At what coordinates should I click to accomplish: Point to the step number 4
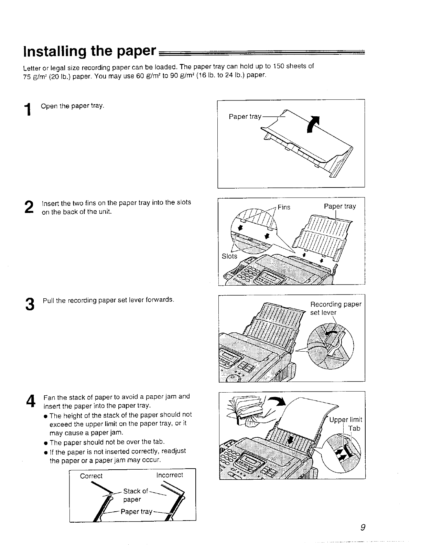pyautogui.click(x=30, y=401)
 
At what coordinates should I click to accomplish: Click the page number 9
pyautogui.click(x=359, y=527)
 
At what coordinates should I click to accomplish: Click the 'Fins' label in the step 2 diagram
pyautogui.click(x=284, y=207)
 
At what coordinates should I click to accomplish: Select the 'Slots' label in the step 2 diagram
pyautogui.click(x=229, y=256)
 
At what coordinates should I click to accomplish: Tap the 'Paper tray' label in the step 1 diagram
pyautogui.click(x=245, y=117)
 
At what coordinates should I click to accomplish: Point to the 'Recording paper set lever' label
pyautogui.click(x=335, y=308)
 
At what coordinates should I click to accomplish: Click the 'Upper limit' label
pyautogui.click(x=345, y=420)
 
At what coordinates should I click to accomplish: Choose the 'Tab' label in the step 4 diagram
pyautogui.click(x=354, y=428)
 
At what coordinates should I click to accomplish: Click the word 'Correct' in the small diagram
pyautogui.click(x=91, y=476)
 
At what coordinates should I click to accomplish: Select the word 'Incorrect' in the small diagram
pyautogui.click(x=170, y=475)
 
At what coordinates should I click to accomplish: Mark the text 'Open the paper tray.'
pyautogui.click(x=72, y=106)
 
